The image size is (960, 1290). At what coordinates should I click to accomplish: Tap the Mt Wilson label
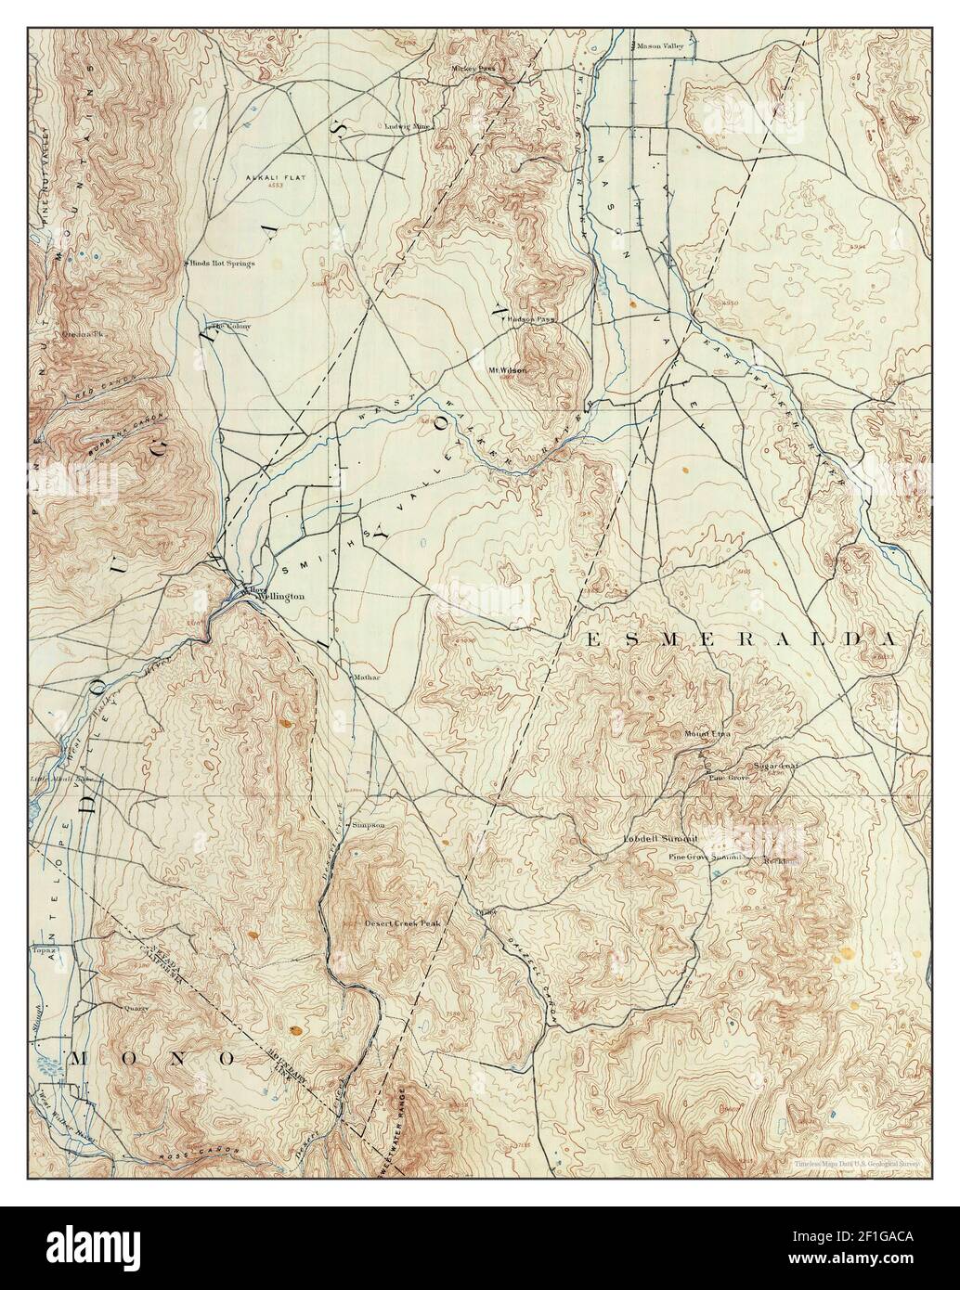click(508, 370)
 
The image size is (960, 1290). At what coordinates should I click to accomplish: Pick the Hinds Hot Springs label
click(223, 263)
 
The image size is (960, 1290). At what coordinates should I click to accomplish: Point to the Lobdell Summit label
click(659, 839)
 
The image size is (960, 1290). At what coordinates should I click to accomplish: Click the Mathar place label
click(367, 677)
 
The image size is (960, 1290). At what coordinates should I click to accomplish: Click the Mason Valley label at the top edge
click(659, 45)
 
